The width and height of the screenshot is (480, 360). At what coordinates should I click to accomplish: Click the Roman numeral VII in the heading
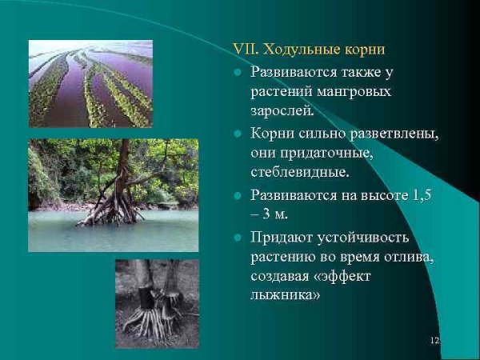242,50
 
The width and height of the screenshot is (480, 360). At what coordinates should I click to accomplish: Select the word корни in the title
365,50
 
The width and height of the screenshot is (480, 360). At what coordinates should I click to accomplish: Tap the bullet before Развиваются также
238,72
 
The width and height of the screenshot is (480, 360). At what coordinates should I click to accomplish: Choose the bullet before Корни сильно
238,134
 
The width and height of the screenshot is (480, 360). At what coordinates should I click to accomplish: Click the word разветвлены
394,133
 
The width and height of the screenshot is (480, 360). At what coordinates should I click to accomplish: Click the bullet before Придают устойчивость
238,238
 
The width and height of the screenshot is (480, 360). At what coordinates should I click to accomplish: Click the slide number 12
434,342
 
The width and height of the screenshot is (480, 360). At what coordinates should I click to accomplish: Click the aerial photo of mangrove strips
90,84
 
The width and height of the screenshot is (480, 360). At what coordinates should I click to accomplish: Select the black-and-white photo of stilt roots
157,302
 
